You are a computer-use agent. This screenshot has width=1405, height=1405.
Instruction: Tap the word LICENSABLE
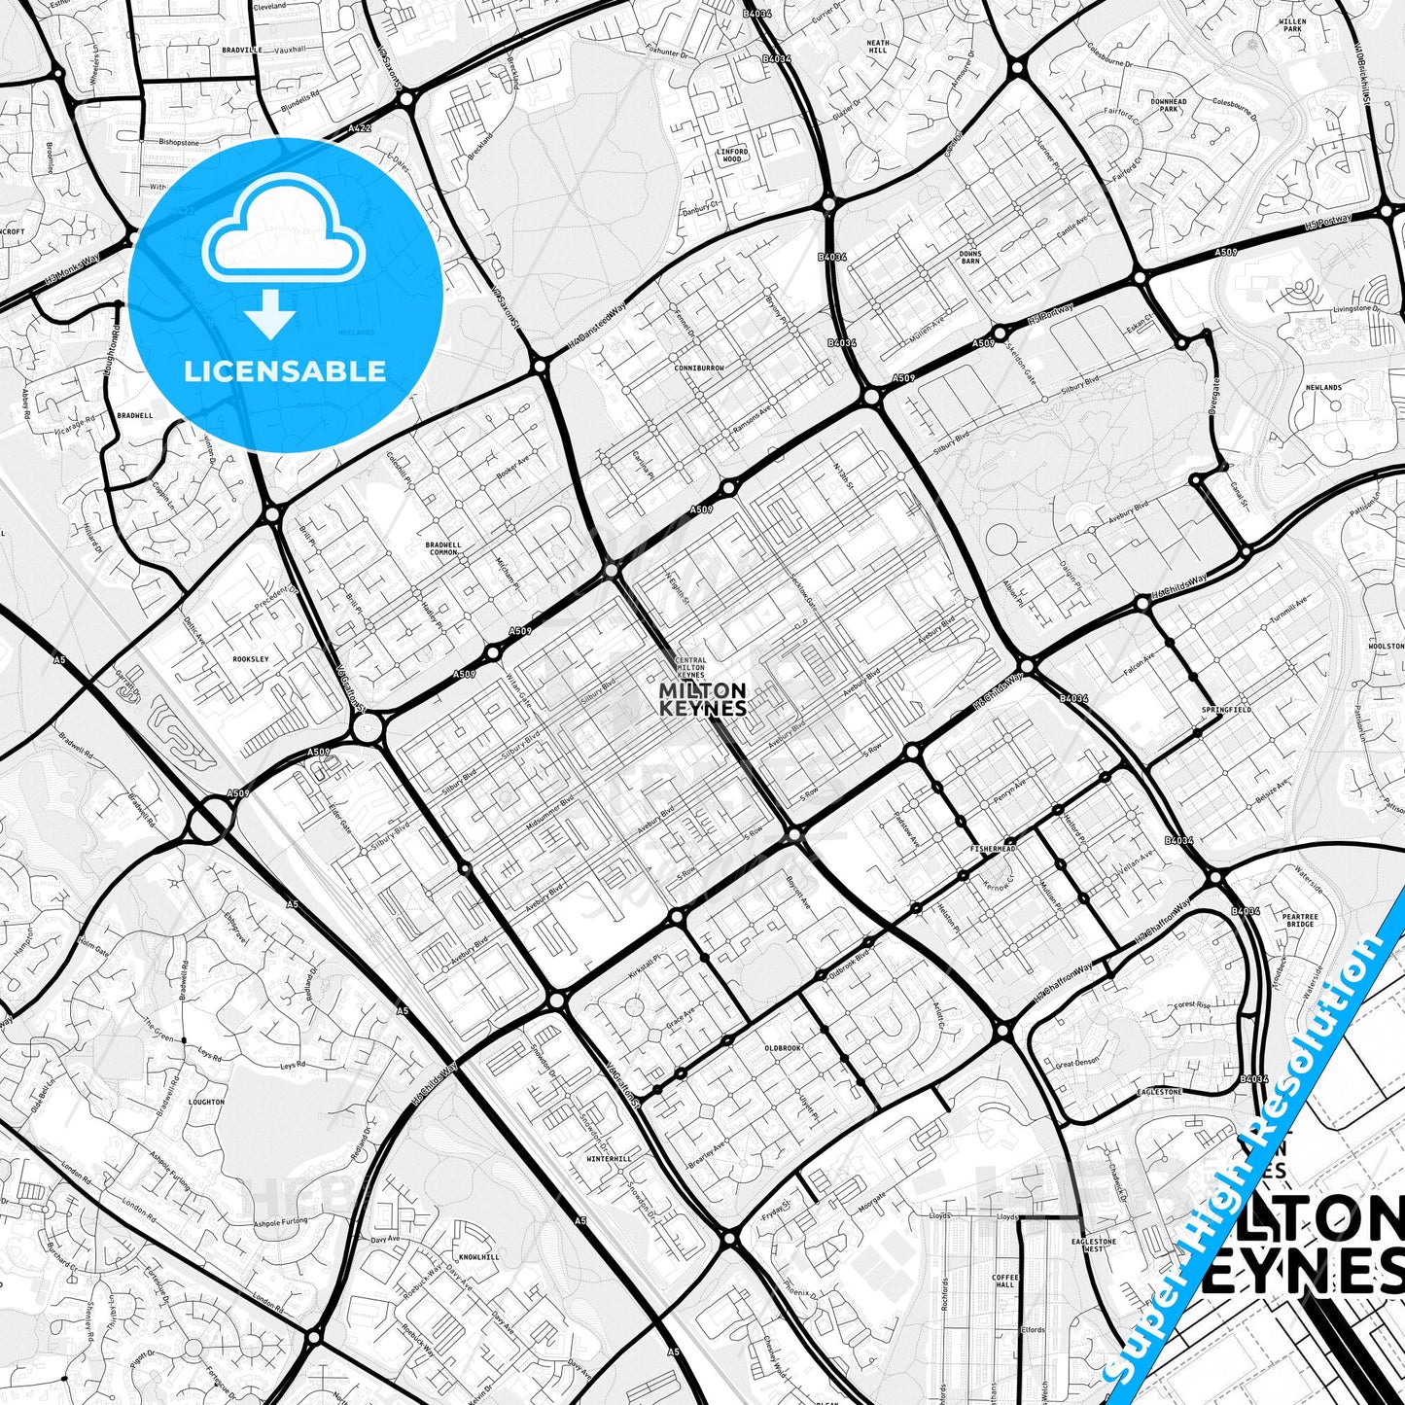point(285,371)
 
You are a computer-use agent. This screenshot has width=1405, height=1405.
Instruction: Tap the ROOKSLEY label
point(250,659)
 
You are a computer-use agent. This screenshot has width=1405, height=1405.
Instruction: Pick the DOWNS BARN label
point(969,257)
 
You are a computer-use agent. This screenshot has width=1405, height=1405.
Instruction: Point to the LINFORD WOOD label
point(733,156)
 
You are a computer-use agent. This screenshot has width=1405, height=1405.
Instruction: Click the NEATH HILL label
point(878,47)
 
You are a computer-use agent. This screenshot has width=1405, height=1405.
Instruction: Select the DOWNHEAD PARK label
point(1168,105)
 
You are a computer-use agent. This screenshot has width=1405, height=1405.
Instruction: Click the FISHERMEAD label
point(993,849)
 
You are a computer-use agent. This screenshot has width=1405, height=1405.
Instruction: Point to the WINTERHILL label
point(609,1159)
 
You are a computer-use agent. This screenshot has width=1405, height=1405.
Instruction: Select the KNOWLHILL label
point(478,1257)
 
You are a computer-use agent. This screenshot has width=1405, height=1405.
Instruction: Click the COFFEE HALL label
point(1004,1281)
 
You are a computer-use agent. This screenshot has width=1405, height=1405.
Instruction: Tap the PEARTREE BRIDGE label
point(1299,920)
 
